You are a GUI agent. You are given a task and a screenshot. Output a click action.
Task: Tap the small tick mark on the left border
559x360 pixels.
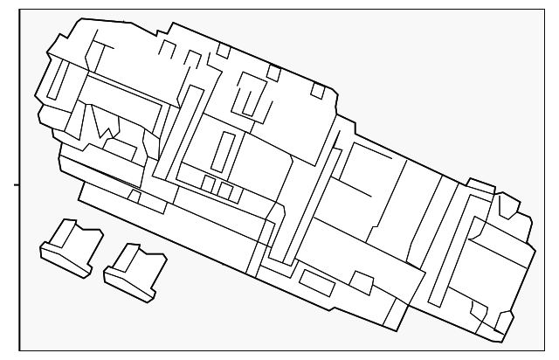(x=15, y=184)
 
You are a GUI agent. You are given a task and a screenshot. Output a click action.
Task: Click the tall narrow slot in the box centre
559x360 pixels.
(x=224, y=149)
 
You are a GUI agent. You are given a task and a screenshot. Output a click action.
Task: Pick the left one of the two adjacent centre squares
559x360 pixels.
(x=210, y=184)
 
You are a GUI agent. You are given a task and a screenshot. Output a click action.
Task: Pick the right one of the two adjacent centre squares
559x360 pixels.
(x=225, y=190)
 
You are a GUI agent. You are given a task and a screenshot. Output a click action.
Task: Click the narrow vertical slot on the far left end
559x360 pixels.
(x=53, y=80)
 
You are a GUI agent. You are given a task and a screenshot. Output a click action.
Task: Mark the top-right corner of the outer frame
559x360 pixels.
(x=545, y=10)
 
